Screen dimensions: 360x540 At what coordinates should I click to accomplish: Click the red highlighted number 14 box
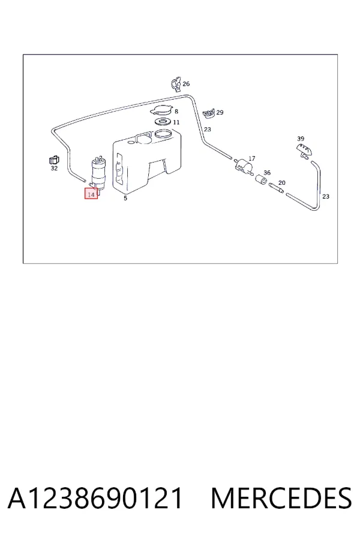tap(91, 194)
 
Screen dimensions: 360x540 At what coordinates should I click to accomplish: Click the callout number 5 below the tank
tap(125, 199)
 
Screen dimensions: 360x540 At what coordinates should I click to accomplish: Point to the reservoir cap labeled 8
tap(161, 111)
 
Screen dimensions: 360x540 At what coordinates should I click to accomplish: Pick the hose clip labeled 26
tap(176, 85)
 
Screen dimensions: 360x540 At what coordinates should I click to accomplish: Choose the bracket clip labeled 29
tap(209, 113)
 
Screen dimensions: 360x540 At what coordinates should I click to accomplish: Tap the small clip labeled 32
tap(54, 160)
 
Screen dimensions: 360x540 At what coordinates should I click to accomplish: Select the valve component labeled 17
tap(244, 166)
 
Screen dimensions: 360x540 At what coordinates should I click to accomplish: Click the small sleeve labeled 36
tap(261, 180)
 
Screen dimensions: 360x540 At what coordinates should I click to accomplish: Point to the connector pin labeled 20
tap(276, 188)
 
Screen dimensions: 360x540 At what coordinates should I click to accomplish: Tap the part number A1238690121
tap(95, 498)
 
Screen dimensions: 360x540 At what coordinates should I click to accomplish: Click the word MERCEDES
tap(281, 498)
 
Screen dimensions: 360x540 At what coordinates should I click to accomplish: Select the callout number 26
tap(186, 83)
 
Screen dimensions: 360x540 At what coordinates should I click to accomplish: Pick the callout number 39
tap(301, 139)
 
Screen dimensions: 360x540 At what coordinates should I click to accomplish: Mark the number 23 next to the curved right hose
tap(326, 196)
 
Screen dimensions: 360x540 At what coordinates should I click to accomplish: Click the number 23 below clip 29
tap(208, 129)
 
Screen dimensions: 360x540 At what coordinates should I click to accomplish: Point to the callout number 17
tap(252, 158)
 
